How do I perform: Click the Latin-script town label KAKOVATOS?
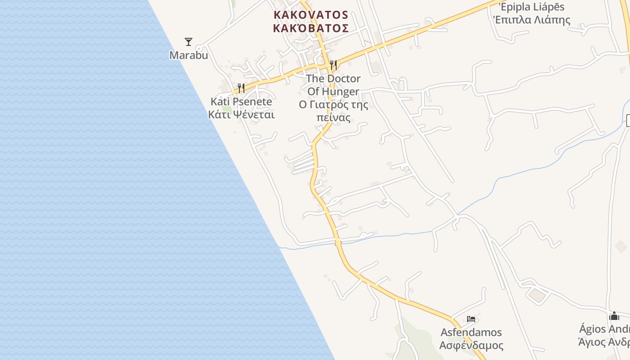click(x=310, y=15)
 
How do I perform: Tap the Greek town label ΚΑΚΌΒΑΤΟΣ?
click(x=310, y=28)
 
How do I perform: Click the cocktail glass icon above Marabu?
click(x=189, y=42)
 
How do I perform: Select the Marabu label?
click(x=189, y=55)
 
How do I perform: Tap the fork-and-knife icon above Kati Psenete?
click(x=241, y=88)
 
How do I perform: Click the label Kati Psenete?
click(x=241, y=102)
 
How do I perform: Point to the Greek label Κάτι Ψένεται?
click(x=241, y=114)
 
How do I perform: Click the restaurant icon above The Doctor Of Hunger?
click(x=333, y=65)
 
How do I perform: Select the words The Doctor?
click(x=333, y=79)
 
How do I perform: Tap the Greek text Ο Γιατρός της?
click(x=333, y=105)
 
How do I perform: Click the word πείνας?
click(x=333, y=118)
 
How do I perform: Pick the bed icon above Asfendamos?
click(x=471, y=319)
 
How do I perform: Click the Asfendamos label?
click(x=471, y=333)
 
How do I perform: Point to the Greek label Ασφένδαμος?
click(x=471, y=346)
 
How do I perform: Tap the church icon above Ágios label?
click(x=614, y=316)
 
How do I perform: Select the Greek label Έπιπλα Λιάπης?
click(x=531, y=20)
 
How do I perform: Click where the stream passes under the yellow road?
click(x=338, y=243)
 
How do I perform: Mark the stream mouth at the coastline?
click(x=280, y=247)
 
